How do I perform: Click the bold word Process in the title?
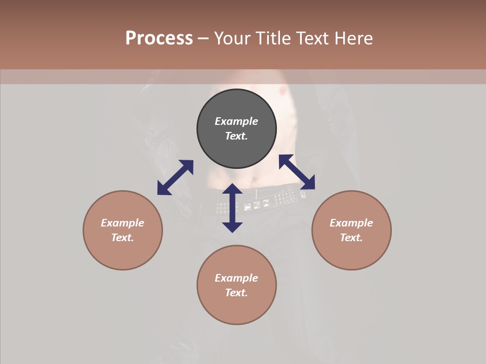159,38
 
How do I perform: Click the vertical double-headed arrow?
232,208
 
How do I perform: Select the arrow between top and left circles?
175,177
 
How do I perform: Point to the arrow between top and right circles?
297,172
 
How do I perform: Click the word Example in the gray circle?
236,121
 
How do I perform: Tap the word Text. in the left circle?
123,238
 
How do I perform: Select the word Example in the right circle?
351,223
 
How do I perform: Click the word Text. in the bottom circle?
236,293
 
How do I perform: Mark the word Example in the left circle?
123,223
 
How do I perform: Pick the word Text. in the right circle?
351,238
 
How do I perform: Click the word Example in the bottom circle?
236,278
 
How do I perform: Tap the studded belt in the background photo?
263,202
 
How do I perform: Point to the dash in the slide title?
203,38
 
